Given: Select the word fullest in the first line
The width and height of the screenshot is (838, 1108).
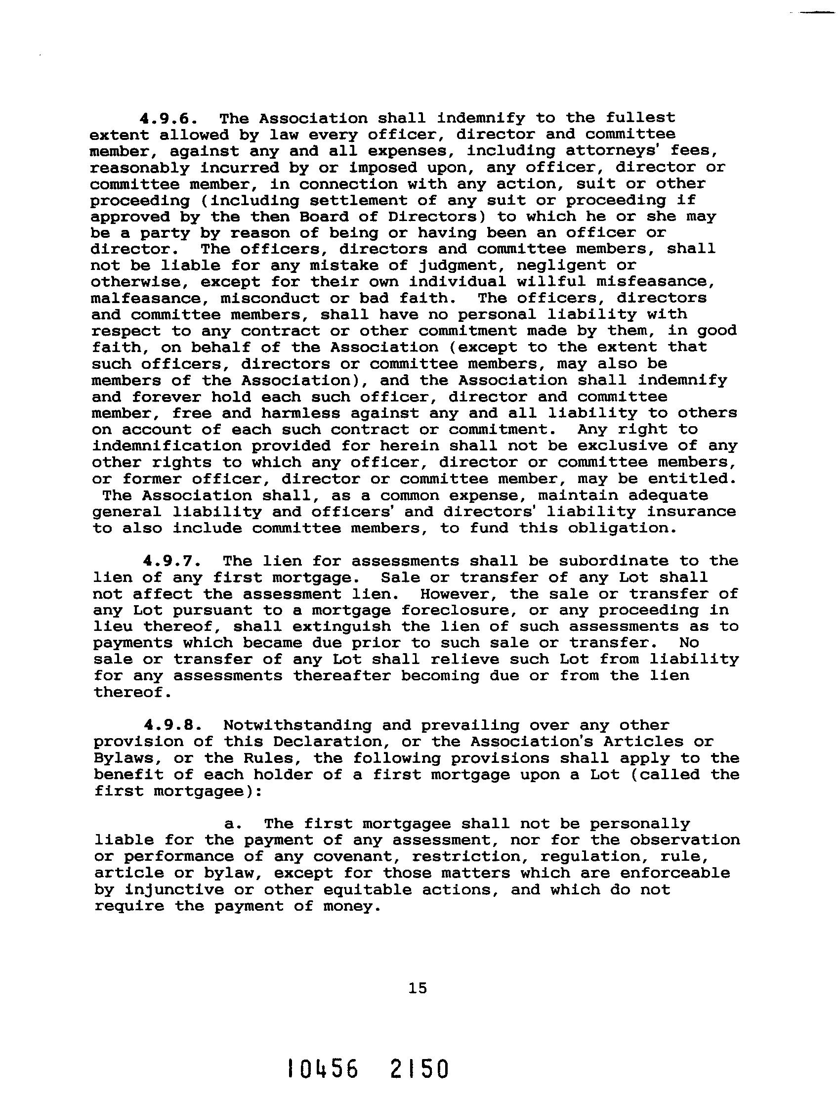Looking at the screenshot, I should coord(640,118).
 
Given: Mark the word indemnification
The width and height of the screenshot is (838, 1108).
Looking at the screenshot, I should coord(166,446).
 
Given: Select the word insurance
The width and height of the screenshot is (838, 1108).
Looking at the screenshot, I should coord(691,512).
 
